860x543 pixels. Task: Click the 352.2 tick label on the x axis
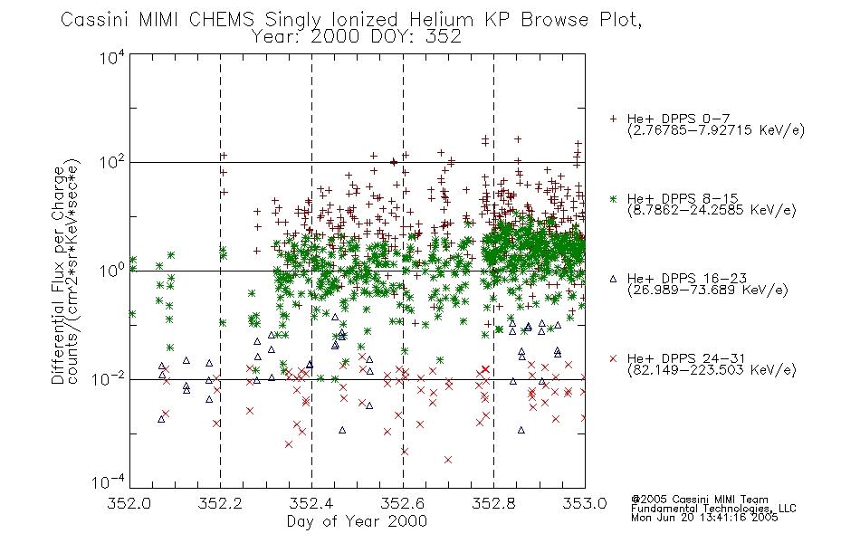(x=221, y=503)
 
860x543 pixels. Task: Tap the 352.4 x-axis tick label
(x=311, y=503)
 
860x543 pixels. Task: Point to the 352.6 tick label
(x=403, y=503)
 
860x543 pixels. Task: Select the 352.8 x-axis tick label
(x=493, y=503)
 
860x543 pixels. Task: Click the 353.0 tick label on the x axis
(x=584, y=503)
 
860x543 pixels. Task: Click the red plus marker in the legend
(x=613, y=118)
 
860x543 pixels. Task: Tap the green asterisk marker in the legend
(x=613, y=198)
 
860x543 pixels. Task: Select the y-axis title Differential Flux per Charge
(x=58, y=275)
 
